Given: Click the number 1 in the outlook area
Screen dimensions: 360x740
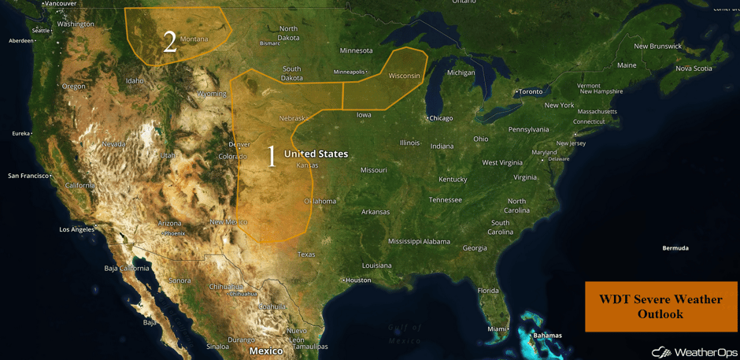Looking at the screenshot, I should coord(272,156).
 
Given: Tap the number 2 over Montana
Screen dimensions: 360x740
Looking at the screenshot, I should coord(169,42).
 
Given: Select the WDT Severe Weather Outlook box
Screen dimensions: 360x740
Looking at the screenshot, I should coord(660,306).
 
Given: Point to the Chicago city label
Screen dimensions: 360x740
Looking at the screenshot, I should coord(441,118).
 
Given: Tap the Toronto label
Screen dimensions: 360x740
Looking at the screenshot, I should coord(530,91).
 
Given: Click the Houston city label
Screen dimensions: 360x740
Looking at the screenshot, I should coord(358,280).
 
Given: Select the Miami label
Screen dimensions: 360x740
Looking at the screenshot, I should coord(497,328).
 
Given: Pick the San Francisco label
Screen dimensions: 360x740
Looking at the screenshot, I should coord(28,176).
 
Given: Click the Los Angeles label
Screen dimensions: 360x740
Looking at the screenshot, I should coord(76,229).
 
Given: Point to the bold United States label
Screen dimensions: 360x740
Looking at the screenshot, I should coord(316,154).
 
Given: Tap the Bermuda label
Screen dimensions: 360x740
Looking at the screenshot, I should coord(675,248).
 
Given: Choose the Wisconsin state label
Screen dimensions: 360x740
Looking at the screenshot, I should coord(405,76).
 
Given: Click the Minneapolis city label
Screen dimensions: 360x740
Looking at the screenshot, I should coord(349,72).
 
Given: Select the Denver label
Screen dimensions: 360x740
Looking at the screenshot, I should coord(239,144).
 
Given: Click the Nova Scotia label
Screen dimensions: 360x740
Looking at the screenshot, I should coord(694,69).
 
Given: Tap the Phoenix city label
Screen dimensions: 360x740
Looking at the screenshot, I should coord(174,233).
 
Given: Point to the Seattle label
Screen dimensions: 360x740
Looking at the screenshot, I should coord(41,31).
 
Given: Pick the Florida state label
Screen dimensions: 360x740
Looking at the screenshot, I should coord(488,291).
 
